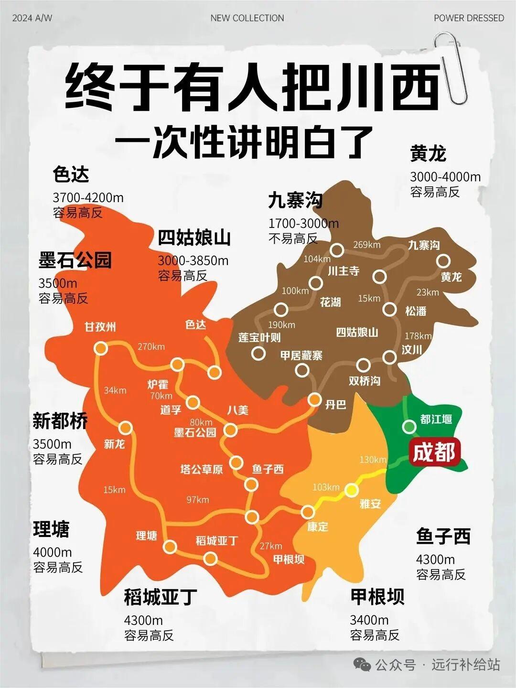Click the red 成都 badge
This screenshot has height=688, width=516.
pyautogui.click(x=434, y=451)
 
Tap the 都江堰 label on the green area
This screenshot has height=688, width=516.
pyautogui.click(x=436, y=419)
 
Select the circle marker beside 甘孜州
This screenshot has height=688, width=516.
pyautogui.click(x=101, y=348)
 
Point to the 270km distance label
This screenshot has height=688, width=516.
pyautogui.click(x=151, y=347)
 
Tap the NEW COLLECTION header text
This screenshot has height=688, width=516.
pyautogui.click(x=247, y=18)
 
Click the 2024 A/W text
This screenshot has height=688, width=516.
pyautogui.click(x=32, y=18)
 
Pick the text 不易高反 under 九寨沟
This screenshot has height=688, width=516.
pyautogui.click(x=293, y=238)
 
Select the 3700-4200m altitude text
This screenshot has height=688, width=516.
pyautogui.click(x=88, y=197)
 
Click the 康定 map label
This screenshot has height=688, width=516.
pyautogui.click(x=317, y=527)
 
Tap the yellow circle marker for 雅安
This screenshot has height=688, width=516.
pyautogui.click(x=352, y=490)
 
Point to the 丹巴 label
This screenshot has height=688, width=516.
pyautogui.click(x=335, y=405)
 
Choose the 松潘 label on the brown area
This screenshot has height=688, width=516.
pyautogui.click(x=416, y=311)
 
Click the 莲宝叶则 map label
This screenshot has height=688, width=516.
pyautogui.click(x=259, y=337)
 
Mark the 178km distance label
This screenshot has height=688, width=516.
pyautogui.click(x=418, y=336)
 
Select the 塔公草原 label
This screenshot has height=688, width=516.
pyautogui.click(x=202, y=469)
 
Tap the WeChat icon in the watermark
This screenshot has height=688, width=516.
pyautogui.click(x=362, y=664)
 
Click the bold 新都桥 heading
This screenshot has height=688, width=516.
pyautogui.click(x=60, y=421)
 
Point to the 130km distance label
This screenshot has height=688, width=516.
pyautogui.click(x=373, y=460)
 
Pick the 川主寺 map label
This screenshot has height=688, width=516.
pyautogui.click(x=344, y=271)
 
